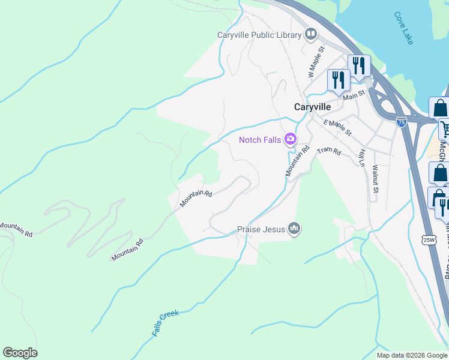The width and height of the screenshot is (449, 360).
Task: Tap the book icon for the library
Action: click(x=311, y=34)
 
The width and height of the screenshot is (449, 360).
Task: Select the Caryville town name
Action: click(x=321, y=107)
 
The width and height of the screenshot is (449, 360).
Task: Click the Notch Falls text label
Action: click(x=261, y=140)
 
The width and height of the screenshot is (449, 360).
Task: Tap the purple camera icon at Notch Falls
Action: click(x=291, y=139)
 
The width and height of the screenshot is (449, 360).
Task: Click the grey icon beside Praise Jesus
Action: click(x=294, y=229)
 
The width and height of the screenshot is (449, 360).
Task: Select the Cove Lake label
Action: click(x=404, y=28)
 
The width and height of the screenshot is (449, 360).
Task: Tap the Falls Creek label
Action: click(x=166, y=323)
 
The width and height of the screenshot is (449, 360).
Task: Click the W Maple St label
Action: click(x=316, y=62)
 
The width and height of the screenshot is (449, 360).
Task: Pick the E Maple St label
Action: click(x=337, y=127)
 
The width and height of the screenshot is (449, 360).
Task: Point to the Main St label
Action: click(x=354, y=95)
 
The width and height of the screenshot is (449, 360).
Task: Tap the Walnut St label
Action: click(x=376, y=179)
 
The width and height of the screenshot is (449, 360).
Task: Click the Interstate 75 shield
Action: click(x=402, y=122)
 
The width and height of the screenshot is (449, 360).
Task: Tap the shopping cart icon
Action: click(x=445, y=128)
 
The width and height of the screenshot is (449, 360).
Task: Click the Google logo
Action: click(x=20, y=353)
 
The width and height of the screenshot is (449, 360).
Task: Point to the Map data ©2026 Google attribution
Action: click(x=412, y=355)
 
